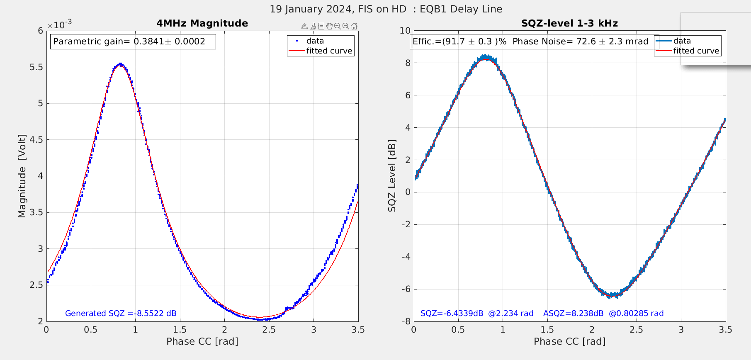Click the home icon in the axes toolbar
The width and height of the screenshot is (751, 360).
click(x=354, y=26)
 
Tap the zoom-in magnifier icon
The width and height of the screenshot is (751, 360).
click(x=338, y=26)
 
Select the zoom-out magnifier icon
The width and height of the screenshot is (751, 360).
click(x=346, y=26)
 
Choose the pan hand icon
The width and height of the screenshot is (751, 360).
click(x=329, y=26)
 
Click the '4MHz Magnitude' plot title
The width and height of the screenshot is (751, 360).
click(x=202, y=23)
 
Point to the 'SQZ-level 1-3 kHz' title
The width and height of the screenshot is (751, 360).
click(x=569, y=23)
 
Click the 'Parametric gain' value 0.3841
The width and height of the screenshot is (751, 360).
click(x=149, y=41)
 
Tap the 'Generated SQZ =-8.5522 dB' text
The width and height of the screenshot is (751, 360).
click(x=121, y=313)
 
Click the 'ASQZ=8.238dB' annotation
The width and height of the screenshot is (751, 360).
click(x=573, y=313)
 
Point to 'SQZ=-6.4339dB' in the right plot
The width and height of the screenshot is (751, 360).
click(x=452, y=313)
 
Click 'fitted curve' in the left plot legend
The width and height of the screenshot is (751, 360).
click(x=329, y=51)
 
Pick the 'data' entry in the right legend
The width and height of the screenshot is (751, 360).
click(x=682, y=41)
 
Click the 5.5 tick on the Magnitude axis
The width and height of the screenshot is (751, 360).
click(x=37, y=67)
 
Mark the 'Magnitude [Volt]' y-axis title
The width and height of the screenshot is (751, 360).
click(x=22, y=176)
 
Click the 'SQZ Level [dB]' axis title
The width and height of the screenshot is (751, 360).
click(x=392, y=176)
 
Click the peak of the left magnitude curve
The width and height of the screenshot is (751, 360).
click(x=120, y=64)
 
